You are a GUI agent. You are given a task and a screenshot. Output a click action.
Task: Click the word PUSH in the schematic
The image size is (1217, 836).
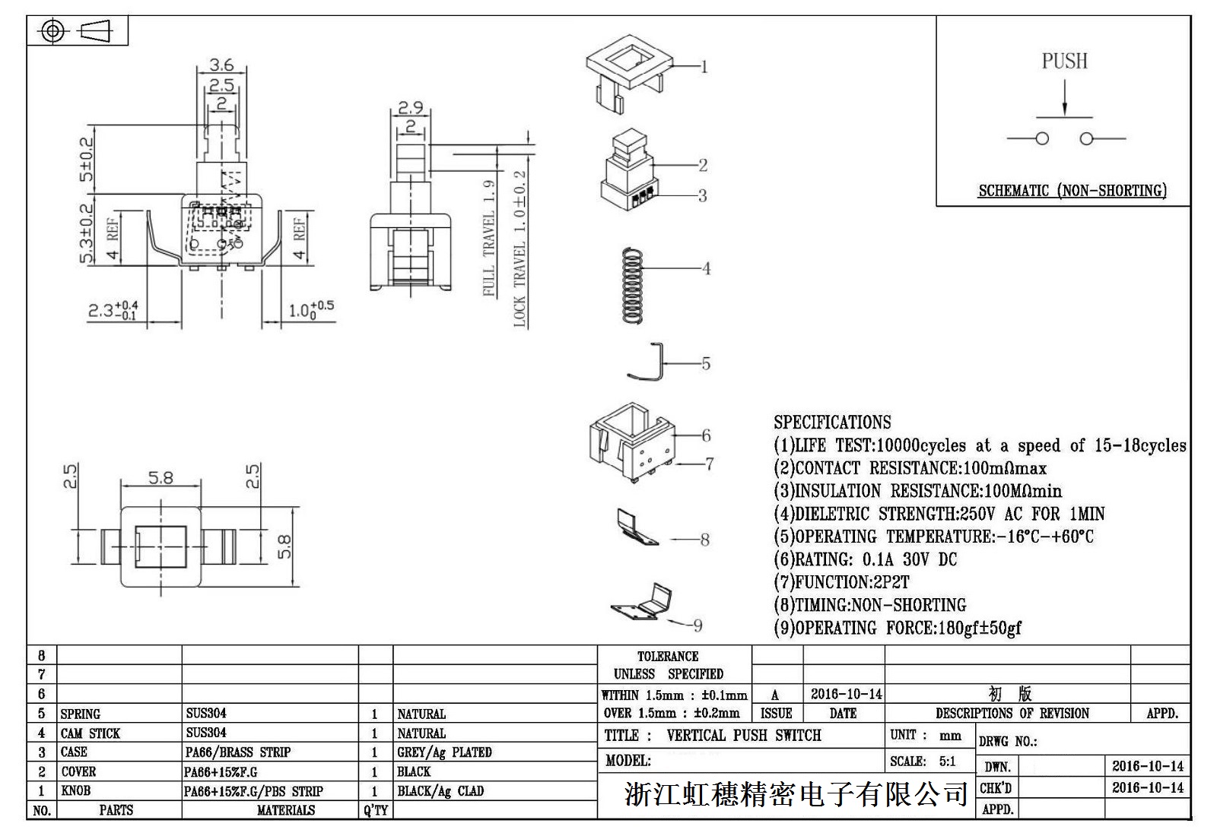pos(1064,61)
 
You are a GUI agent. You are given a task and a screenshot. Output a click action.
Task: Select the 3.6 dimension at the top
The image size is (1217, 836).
pos(221,65)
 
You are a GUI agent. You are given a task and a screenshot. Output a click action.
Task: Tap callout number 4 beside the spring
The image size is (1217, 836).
pos(706,268)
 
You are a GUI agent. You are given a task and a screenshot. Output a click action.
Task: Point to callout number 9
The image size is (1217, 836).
pos(697,625)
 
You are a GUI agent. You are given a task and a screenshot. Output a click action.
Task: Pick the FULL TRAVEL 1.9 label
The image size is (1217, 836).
pos(489,238)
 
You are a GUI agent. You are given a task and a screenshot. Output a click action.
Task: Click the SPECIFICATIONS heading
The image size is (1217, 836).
pos(832,423)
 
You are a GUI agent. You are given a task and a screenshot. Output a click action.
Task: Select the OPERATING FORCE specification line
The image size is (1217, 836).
pos(898,628)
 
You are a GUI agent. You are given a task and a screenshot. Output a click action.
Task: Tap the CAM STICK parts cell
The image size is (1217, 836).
pos(91,733)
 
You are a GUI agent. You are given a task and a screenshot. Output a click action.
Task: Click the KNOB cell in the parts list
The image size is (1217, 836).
pos(75,790)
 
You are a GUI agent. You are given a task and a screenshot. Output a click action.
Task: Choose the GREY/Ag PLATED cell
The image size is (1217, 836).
pos(444,752)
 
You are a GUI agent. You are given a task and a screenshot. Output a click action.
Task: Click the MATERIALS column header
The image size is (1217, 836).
pos(285,810)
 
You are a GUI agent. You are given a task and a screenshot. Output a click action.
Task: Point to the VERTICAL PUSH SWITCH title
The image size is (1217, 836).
pos(743,735)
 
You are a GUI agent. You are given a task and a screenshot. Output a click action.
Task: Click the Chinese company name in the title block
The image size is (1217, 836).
pos(796,795)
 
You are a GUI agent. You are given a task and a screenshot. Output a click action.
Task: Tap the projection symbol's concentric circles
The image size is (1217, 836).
pos(52,31)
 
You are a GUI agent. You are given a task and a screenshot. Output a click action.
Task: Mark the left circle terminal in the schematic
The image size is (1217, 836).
pos(1042,138)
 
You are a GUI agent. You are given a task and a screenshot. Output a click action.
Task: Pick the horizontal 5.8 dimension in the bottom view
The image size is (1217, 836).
pos(160,478)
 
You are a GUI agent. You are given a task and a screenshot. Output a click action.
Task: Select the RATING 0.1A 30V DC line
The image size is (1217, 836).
pos(866,559)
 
